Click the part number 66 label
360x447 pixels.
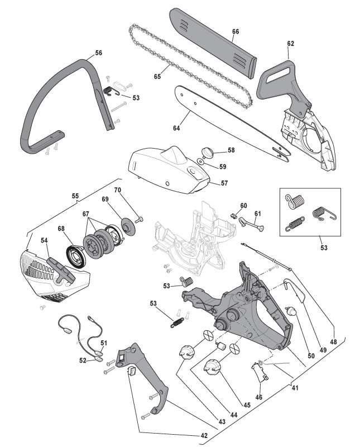click(236, 32)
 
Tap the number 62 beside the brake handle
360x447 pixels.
click(290, 43)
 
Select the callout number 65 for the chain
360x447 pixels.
click(157, 75)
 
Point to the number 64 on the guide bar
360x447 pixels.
click(176, 128)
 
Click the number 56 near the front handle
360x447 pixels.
click(99, 53)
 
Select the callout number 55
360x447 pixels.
click(75, 196)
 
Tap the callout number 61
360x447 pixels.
click(258, 213)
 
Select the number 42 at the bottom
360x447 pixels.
click(204, 435)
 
